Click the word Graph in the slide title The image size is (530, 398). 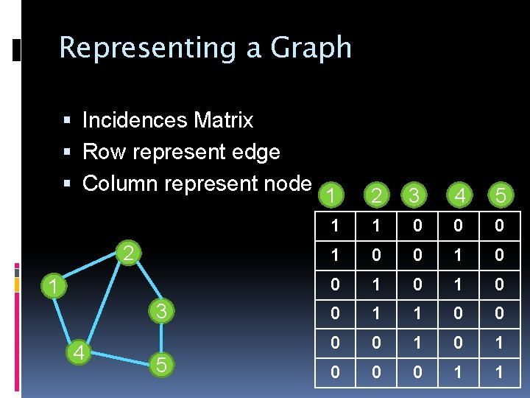[311, 49]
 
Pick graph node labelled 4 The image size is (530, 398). [77, 353]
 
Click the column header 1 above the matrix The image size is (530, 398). [332, 195]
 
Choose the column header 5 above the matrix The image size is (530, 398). [500, 195]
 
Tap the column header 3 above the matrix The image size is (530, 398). [416, 195]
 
